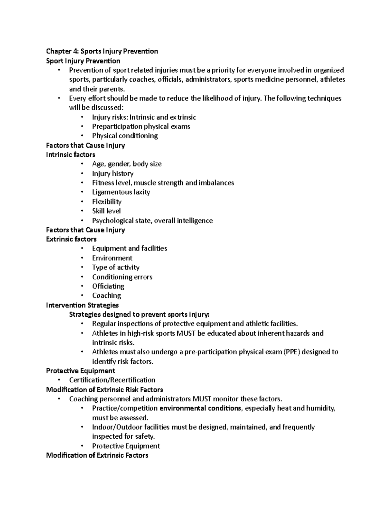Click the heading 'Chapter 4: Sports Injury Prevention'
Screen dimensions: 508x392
pos(102,51)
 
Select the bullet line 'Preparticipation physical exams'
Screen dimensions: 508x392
pos(141,127)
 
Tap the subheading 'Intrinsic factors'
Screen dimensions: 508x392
pos(71,155)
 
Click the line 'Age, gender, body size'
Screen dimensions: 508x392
pos(127,164)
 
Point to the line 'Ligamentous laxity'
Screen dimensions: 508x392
pos(121,192)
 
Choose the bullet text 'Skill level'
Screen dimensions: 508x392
pos(106,211)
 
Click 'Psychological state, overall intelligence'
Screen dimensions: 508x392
pos(152,221)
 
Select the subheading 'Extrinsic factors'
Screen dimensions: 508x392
pos(71,239)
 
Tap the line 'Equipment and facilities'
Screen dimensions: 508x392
pos(129,249)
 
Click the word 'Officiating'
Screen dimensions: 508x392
pos(108,286)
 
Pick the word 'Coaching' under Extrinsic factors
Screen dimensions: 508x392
pos(106,296)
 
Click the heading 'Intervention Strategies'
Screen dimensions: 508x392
pos(82,305)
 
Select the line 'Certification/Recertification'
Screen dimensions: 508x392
pos(112,380)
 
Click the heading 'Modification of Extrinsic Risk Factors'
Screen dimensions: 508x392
pos(105,390)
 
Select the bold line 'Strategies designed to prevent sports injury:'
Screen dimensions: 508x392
pos(139,315)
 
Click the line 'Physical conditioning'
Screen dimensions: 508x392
pos(125,136)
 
